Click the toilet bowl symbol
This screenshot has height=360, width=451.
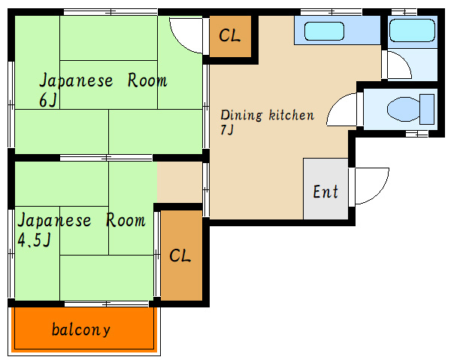point(403,109)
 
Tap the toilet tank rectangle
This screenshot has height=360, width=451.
point(427,109)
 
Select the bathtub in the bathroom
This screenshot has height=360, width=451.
point(412,31)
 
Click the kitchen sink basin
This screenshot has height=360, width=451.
point(324,31)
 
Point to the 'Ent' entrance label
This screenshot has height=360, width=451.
point(325,192)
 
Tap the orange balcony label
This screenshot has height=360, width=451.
point(81,329)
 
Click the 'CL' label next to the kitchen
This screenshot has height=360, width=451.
point(229,35)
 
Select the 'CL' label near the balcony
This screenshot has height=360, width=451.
point(180,256)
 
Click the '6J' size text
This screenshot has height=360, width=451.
point(48,101)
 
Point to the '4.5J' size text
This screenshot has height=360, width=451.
point(35,240)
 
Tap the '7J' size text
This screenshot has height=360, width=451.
point(227,130)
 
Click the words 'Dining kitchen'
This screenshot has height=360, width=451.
point(267,115)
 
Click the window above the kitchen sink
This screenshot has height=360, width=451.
point(331,12)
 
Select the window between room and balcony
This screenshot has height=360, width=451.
point(107,304)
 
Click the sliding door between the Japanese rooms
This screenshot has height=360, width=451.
point(106,158)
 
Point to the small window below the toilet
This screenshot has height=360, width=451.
point(416,134)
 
